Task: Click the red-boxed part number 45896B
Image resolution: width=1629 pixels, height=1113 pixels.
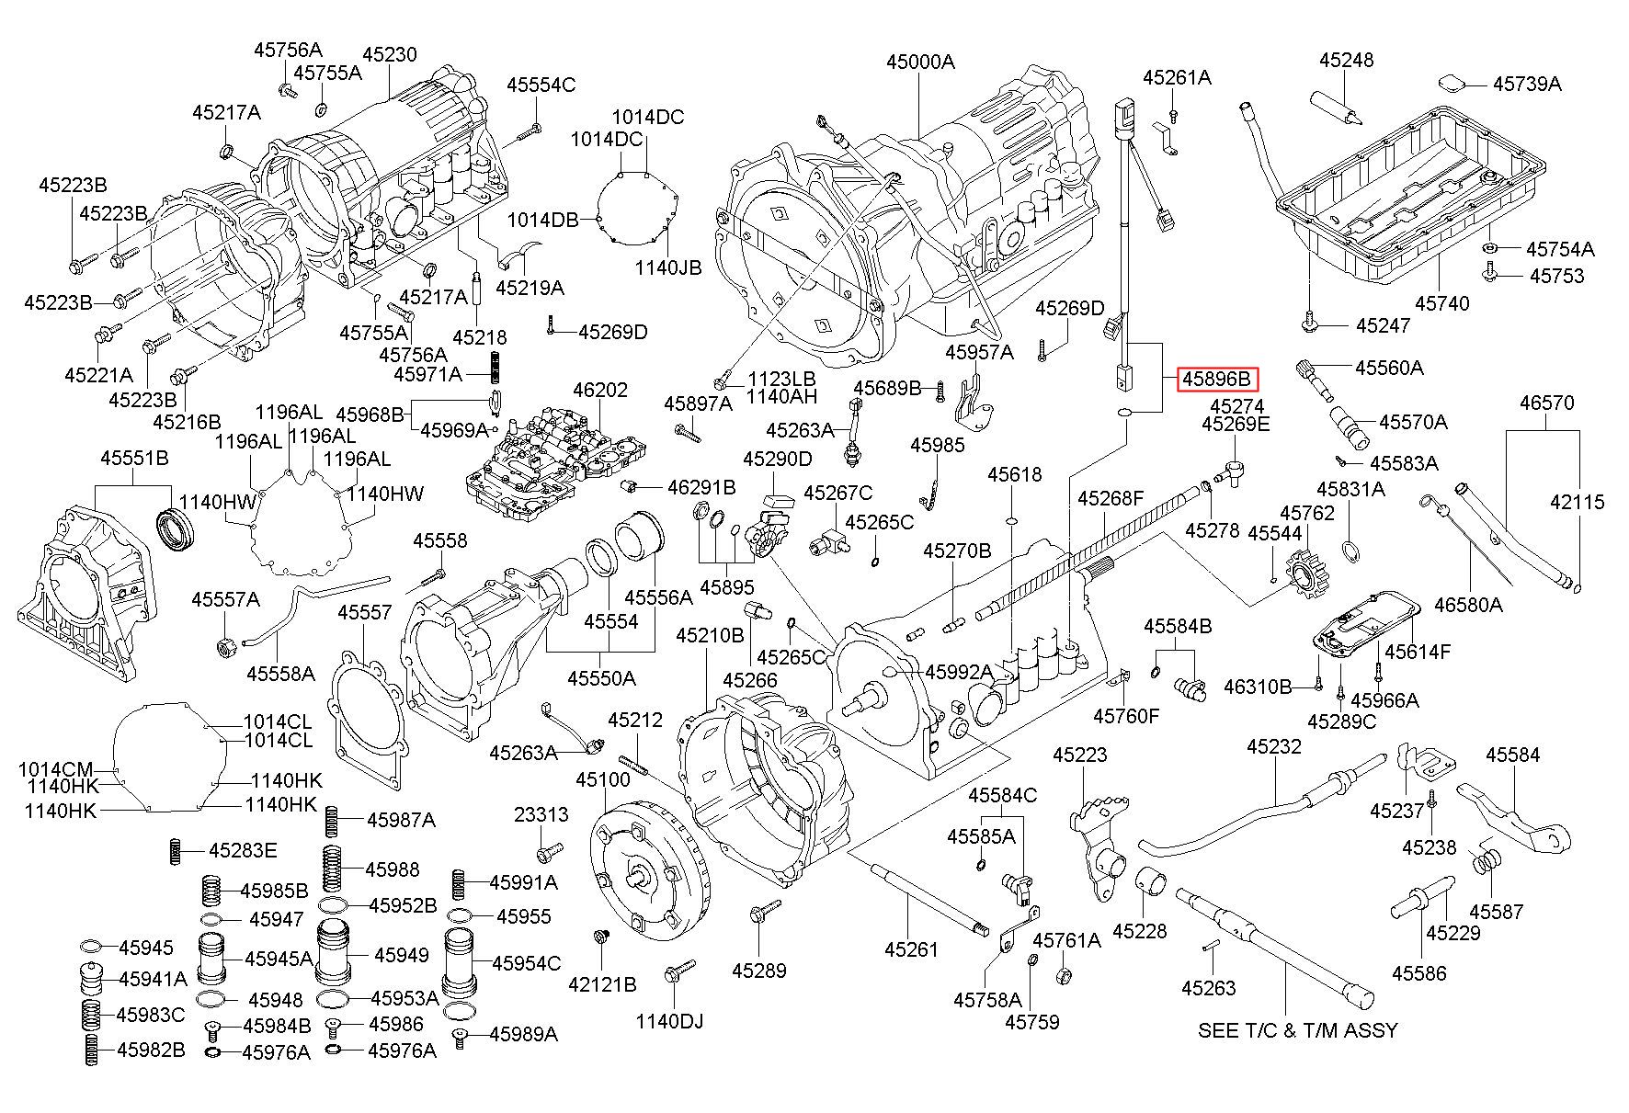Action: click(x=1216, y=379)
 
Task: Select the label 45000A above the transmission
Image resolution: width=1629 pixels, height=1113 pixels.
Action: click(x=920, y=62)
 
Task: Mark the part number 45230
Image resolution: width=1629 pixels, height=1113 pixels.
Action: click(x=389, y=55)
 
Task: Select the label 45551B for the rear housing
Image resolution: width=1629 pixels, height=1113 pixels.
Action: click(x=134, y=458)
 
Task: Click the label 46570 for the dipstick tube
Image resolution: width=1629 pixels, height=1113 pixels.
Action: click(x=1546, y=403)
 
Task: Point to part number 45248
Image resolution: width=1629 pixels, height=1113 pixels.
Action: click(x=1347, y=60)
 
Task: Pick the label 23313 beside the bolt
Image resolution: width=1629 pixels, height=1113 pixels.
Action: click(x=541, y=814)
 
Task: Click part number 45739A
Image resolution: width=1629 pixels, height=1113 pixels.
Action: click(x=1527, y=84)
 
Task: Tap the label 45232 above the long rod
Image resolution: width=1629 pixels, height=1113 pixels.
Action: click(x=1274, y=747)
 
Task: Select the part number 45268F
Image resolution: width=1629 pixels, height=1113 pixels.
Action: click(x=1111, y=499)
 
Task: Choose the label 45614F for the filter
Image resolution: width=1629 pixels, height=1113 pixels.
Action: click(x=1417, y=652)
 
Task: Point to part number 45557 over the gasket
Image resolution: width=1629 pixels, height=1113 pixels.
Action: click(x=364, y=612)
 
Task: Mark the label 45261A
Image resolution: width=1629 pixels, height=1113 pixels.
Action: click(x=1177, y=78)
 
